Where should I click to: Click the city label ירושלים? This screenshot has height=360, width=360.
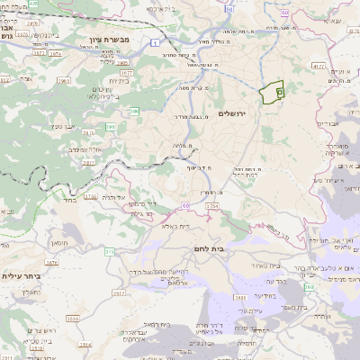[232, 114]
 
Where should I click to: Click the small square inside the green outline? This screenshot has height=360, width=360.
[279, 92]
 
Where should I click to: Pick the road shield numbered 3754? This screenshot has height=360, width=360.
[212, 206]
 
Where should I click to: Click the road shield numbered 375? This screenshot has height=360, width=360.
[109, 251]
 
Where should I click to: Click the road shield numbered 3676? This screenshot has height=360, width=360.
[51, 263]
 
